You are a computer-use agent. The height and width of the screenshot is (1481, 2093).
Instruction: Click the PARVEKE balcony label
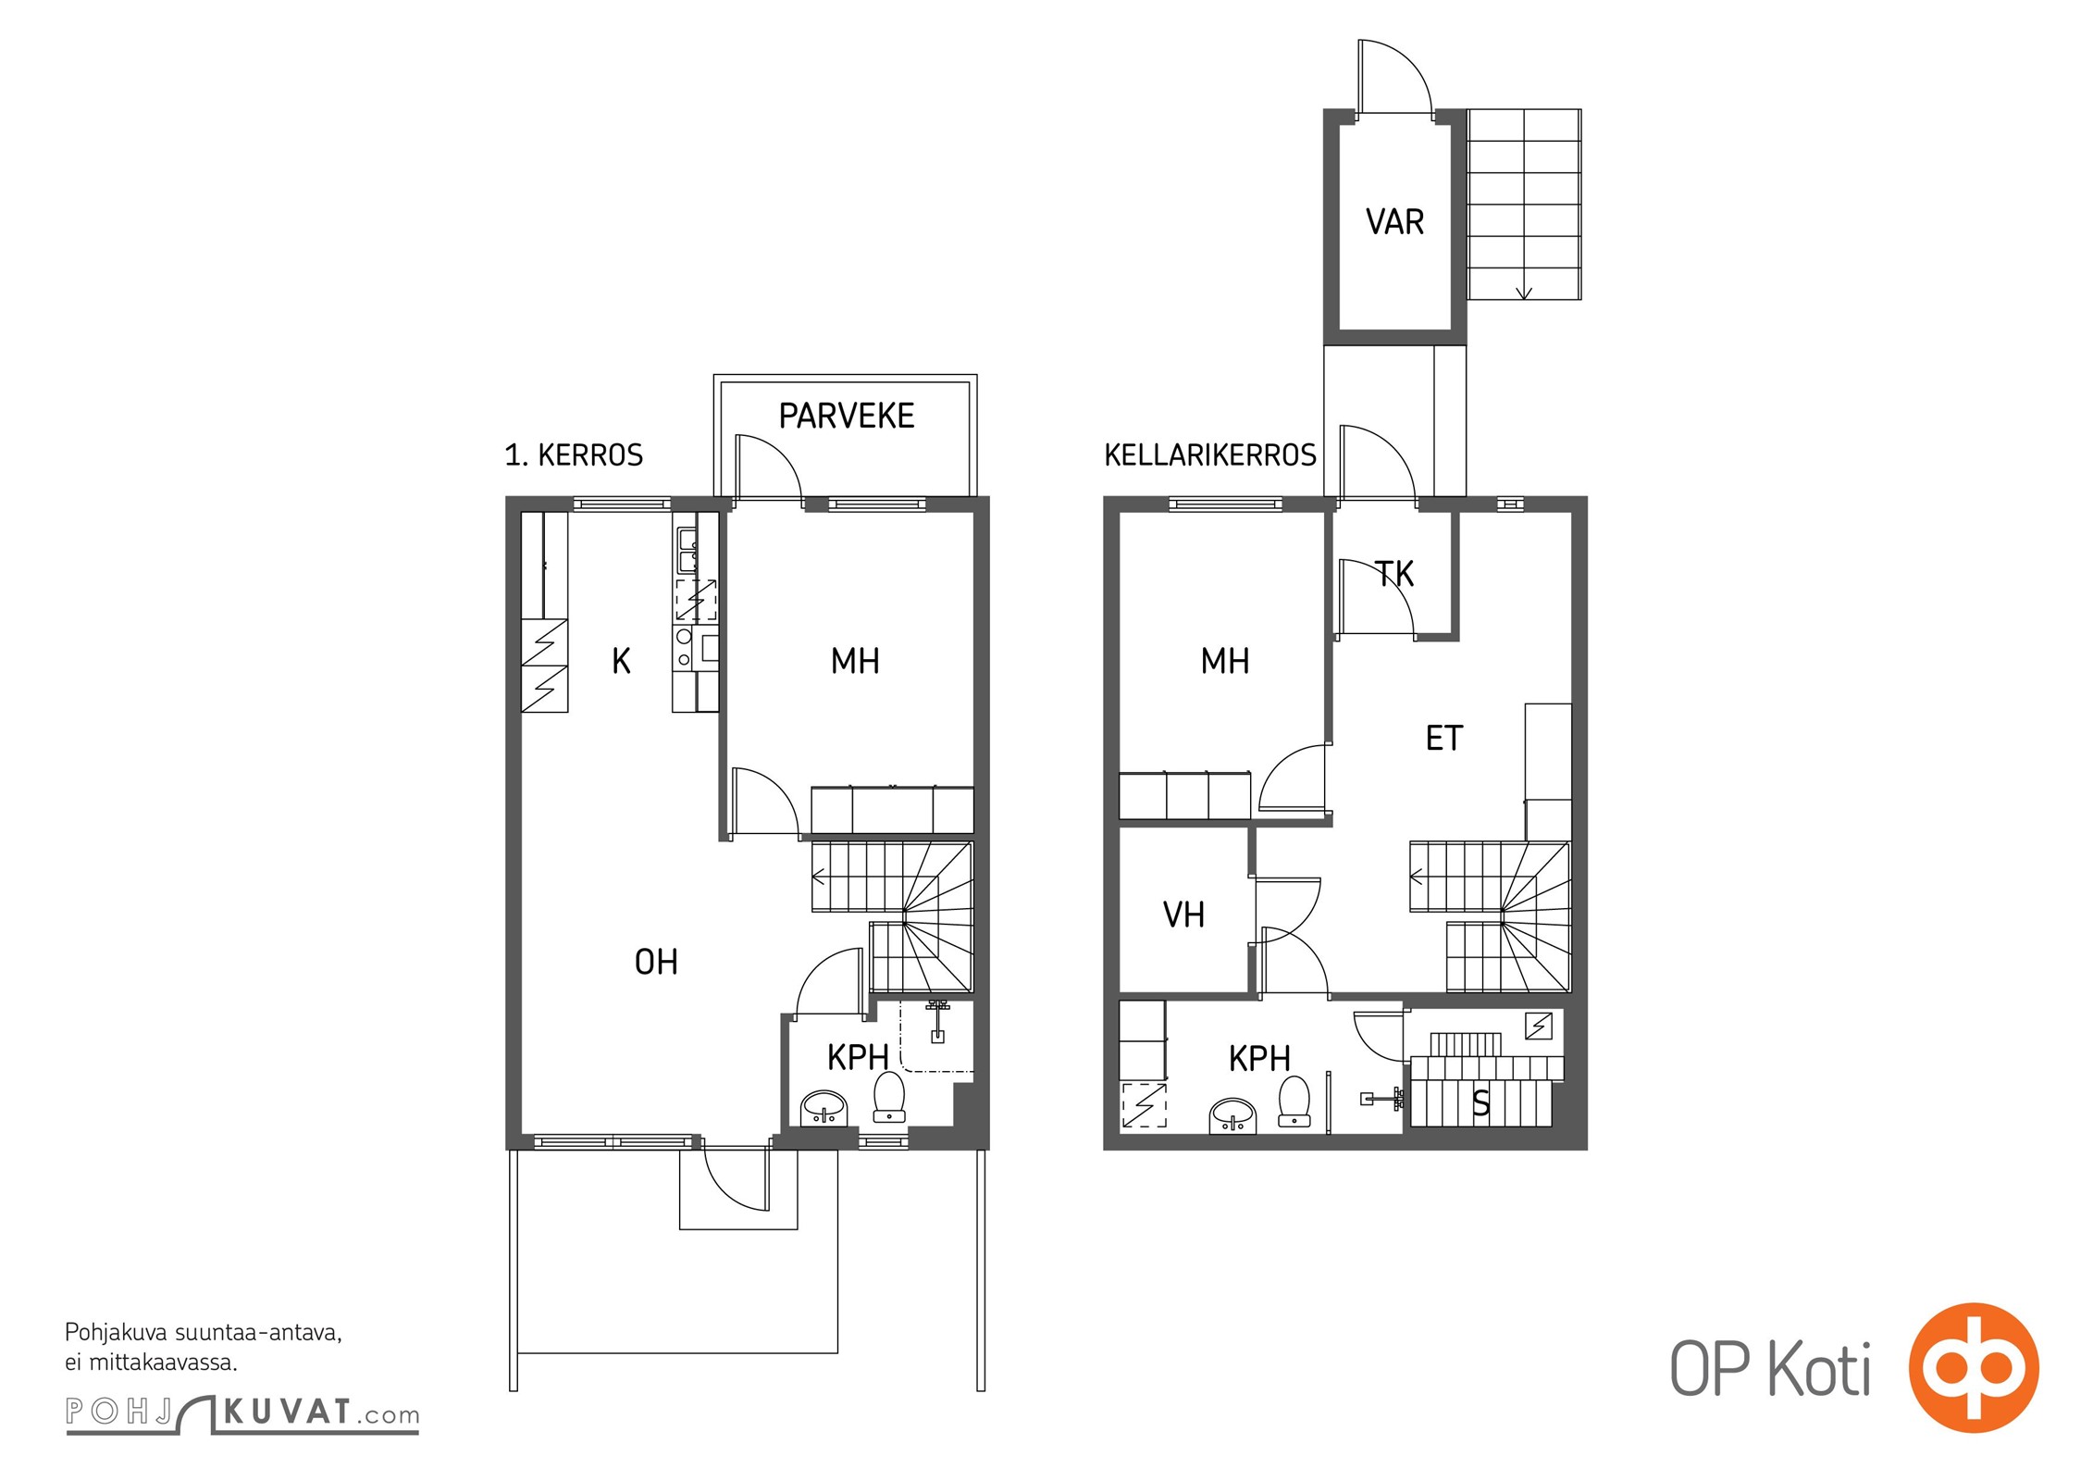[847, 417]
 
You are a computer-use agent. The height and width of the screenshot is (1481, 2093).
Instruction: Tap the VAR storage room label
[1394, 222]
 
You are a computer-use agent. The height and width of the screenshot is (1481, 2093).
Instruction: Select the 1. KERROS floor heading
[574, 455]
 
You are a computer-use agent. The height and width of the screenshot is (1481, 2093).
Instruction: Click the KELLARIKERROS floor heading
[1210, 455]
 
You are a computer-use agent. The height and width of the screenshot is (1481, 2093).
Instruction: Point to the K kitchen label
[622, 661]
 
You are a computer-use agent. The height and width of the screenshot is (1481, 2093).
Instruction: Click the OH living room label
[656, 963]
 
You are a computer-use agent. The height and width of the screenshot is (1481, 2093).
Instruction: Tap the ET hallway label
[1444, 739]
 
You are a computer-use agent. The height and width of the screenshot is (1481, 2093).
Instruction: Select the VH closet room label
[1183, 915]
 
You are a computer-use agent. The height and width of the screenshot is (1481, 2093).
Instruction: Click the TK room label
[1395, 575]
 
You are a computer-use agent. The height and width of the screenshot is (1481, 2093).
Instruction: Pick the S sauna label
[1481, 1103]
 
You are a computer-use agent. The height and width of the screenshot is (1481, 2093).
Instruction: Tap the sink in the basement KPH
[1233, 1114]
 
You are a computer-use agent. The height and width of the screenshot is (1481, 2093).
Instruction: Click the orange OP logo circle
[1974, 1367]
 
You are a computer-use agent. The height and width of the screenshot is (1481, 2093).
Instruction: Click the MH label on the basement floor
[1225, 661]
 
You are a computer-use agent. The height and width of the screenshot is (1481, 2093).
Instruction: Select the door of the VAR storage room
[1394, 78]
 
